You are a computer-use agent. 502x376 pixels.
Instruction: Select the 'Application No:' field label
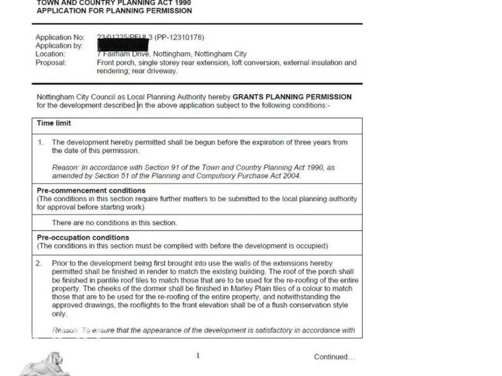59,37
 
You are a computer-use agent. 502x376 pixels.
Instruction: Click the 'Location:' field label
50,54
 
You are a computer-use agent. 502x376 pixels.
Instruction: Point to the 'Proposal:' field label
51,63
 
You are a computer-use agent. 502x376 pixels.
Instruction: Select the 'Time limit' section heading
54,123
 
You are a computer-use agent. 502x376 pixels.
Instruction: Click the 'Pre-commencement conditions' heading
91,191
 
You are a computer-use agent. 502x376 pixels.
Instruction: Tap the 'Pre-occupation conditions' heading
83,238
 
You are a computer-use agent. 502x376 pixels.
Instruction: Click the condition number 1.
41,142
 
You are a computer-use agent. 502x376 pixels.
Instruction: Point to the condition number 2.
39,263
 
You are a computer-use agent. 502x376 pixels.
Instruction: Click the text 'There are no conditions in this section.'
114,223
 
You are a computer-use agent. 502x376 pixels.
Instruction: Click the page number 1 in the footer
198,356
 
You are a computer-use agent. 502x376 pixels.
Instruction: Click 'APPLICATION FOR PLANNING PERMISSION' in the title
114,11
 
